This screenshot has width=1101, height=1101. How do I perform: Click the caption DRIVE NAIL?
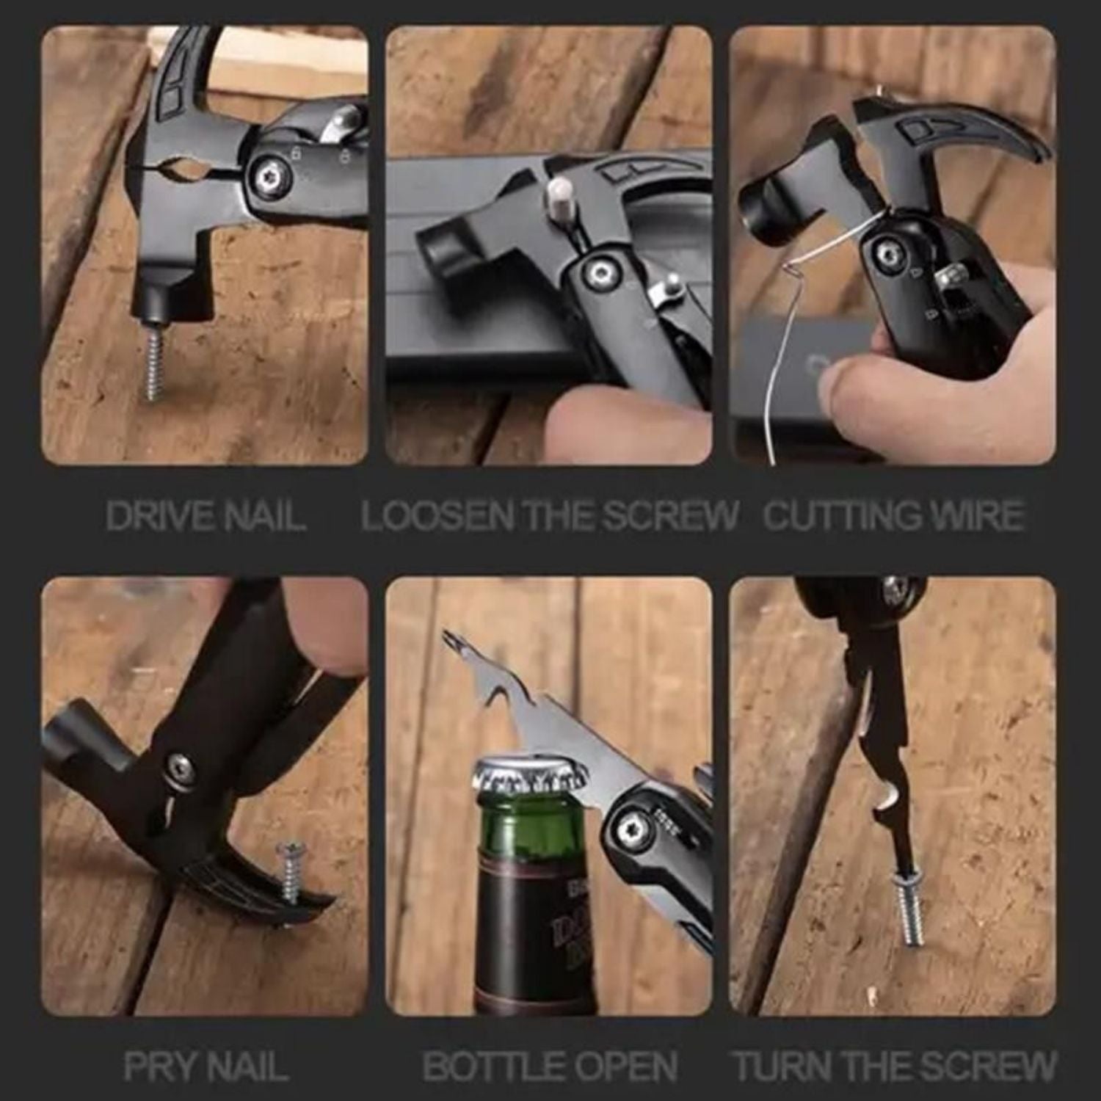coord(205,515)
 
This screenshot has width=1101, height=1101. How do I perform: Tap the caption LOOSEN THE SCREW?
coord(549,515)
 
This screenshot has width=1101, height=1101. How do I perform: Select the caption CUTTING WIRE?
coord(893,515)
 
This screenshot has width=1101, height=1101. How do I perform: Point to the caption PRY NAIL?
coord(205,1066)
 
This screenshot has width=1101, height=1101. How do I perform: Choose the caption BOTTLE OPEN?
coord(549,1066)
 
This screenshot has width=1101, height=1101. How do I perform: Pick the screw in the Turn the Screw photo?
coord(906,908)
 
